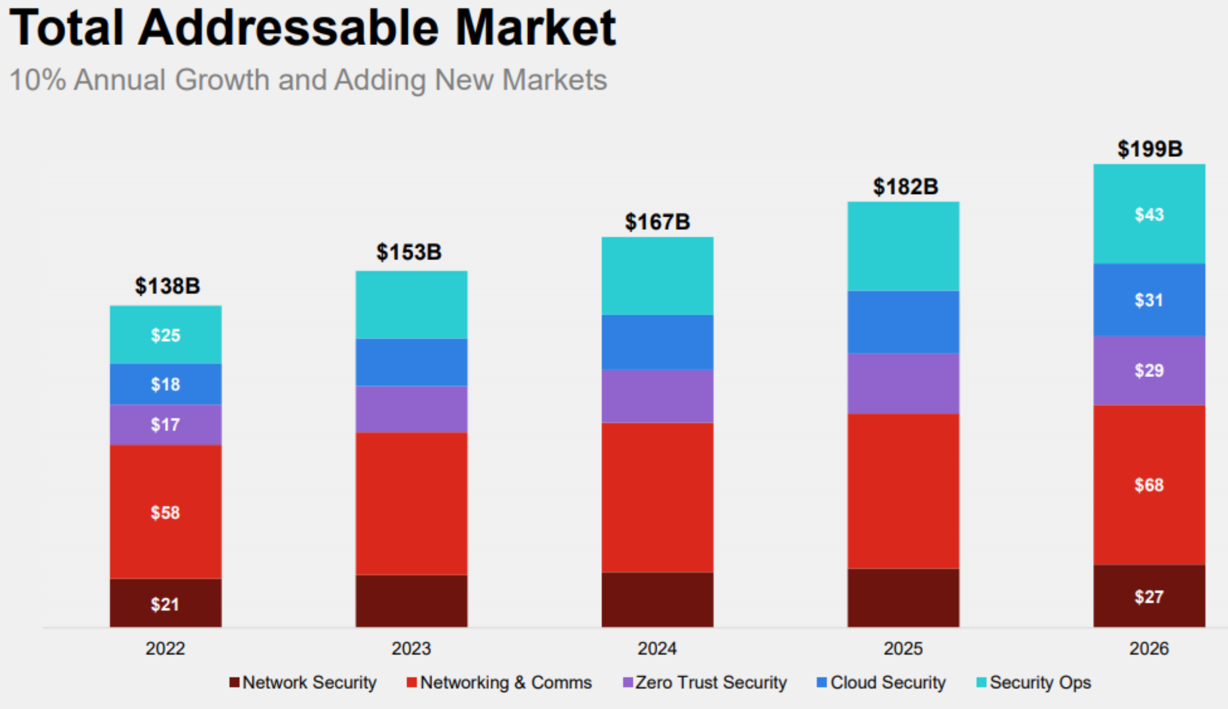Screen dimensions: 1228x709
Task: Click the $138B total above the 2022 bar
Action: (167, 286)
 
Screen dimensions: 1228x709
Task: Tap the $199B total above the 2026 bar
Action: (1150, 149)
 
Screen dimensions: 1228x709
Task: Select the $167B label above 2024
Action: (657, 222)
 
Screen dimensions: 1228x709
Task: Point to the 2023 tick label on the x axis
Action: (411, 649)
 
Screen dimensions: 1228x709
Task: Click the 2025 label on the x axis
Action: (903, 649)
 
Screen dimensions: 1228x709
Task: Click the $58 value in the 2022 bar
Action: (165, 513)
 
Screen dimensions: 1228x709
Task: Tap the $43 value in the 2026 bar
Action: (1149, 214)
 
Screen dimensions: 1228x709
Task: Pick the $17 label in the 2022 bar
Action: (165, 424)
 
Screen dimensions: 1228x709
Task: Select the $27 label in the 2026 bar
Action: (1149, 597)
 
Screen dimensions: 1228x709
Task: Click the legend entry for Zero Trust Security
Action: (705, 683)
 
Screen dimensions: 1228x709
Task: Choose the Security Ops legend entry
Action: (1034, 683)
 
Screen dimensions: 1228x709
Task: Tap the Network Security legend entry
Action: (303, 683)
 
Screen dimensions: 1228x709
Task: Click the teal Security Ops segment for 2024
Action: (657, 276)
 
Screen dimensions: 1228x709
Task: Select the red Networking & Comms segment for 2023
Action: (412, 504)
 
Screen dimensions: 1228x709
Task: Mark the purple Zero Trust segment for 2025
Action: (903, 384)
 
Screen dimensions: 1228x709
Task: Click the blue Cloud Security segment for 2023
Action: (412, 362)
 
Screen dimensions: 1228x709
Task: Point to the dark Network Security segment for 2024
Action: (657, 600)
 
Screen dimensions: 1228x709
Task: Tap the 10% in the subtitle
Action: (38, 80)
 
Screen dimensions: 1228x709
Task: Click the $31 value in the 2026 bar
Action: (1149, 300)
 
